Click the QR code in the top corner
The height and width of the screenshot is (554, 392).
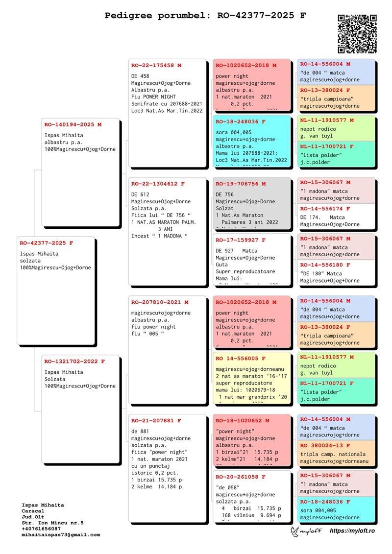[x=357, y=34]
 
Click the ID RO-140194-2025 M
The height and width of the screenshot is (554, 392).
[x=73, y=125]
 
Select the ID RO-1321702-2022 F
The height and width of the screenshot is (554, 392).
[x=74, y=361]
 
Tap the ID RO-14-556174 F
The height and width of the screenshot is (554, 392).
[x=325, y=209]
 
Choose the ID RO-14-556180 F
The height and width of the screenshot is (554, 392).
[x=325, y=265]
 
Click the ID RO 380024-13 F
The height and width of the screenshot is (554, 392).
[x=325, y=446]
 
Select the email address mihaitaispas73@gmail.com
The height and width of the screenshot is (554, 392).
[x=61, y=535]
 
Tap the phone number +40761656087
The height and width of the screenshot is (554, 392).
[x=41, y=529]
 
